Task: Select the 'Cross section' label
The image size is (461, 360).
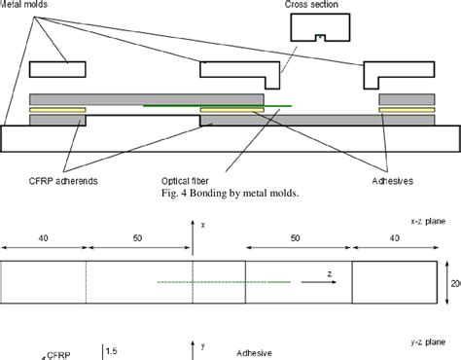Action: (310, 5)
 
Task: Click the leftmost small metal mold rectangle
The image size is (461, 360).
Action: (58, 69)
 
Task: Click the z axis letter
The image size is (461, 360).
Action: (330, 275)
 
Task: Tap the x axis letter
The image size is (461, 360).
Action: (201, 224)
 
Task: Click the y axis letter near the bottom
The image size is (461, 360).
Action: (201, 343)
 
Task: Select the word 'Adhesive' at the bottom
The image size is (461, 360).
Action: (255, 352)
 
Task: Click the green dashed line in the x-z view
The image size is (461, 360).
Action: (224, 282)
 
